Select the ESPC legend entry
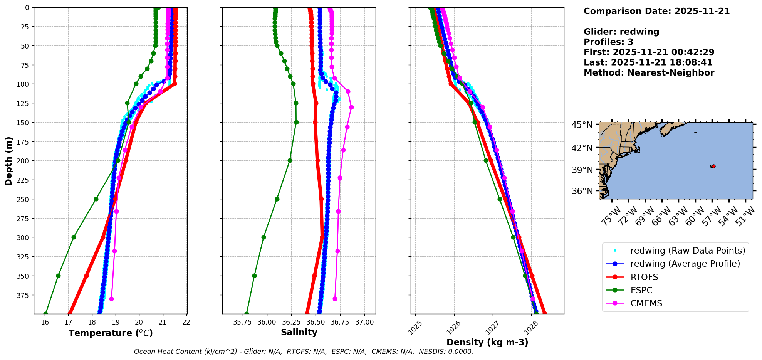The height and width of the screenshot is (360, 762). pos(641,290)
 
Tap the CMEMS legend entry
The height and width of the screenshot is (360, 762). pos(646,303)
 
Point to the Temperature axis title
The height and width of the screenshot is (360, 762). pos(111,333)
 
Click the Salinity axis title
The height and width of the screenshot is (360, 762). pos(299,332)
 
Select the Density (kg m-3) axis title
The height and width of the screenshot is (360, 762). pos(487,342)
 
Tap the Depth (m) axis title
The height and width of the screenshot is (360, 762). pos(8,161)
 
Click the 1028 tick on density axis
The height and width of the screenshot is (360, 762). pos(530,328)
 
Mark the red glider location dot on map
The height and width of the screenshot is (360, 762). pos(713,166)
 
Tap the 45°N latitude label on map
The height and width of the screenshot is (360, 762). pos(582,125)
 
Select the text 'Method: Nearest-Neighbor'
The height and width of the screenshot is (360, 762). pos(649,73)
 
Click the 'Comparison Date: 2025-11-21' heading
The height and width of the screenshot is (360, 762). pos(656,11)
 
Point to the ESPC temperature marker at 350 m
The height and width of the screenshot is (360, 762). pos(58,276)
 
